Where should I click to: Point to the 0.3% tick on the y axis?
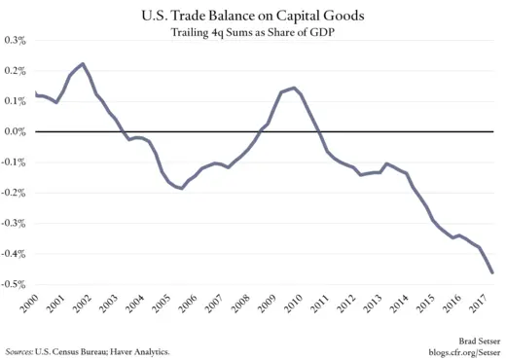coord(16,40)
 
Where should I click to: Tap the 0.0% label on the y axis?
coord(16,131)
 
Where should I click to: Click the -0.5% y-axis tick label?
coord(15,284)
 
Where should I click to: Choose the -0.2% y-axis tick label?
coord(15,193)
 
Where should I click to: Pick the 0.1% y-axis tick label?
coord(16,101)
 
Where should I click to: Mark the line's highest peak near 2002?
coord(82,63)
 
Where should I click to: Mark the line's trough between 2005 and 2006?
coord(181,188)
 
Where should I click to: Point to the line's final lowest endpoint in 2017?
coord(492,273)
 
